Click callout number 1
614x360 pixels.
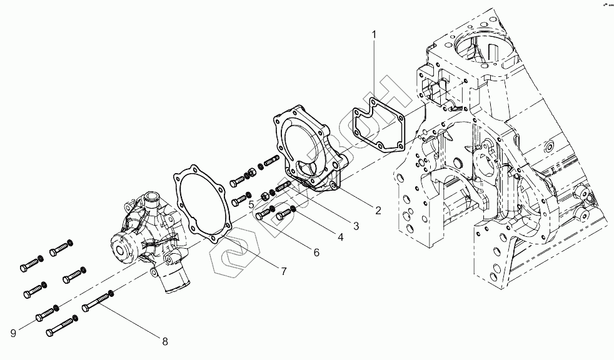[374, 35]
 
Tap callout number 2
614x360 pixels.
[378, 210]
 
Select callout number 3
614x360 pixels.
[355, 225]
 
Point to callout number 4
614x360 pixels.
[340, 237]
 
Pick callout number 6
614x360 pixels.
[316, 252]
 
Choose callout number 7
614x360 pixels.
[283, 271]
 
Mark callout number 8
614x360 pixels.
[165, 341]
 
